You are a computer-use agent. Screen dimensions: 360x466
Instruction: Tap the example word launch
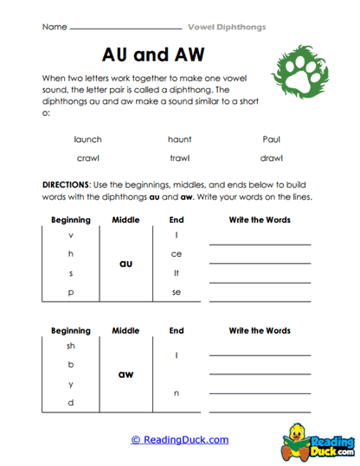88,138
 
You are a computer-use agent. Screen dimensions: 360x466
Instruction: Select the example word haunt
179,138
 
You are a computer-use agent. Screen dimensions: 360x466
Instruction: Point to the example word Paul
271,138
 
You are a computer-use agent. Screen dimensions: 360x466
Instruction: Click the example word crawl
88,158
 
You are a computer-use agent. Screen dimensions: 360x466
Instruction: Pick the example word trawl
179,158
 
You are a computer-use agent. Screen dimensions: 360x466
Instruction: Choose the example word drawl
271,158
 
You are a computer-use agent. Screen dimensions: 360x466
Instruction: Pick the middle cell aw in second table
125,373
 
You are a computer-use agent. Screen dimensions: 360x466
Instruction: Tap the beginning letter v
71,234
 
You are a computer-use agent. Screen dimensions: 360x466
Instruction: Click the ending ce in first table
177,253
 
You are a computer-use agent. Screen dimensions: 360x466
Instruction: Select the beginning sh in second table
71,345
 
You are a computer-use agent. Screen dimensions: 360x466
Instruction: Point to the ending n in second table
177,393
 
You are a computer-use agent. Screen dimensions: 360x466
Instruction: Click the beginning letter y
71,384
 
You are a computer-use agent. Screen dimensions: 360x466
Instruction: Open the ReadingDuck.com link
179,439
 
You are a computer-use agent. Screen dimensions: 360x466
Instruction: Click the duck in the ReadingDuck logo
300,431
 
